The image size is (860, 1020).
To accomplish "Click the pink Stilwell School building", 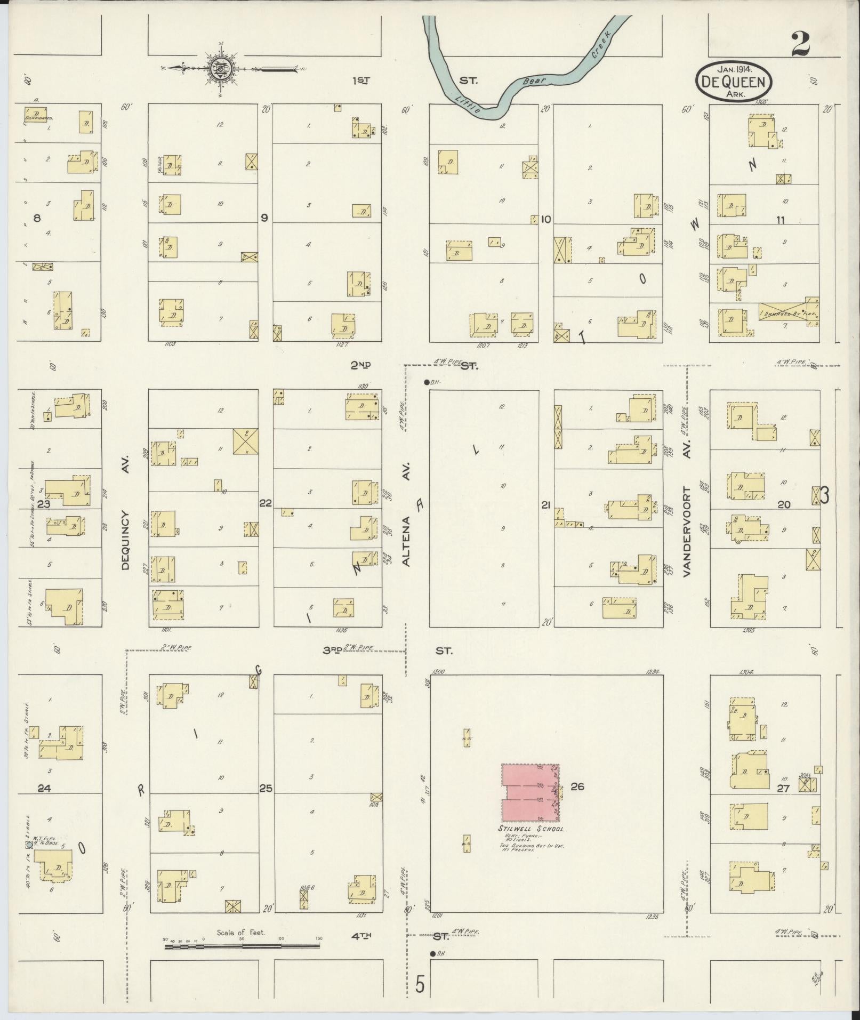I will (530, 792).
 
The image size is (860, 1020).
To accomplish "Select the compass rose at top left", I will (219, 68).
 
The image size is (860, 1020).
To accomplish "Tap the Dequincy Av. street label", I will (126, 540).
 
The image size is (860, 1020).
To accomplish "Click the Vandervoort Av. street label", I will (687, 531).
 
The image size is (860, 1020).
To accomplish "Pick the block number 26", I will (577, 786).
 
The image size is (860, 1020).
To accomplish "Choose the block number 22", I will (265, 503).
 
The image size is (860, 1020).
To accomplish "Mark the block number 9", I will (264, 218).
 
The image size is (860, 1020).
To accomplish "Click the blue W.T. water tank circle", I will (29, 845).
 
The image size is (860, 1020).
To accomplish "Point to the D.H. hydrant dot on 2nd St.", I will (427, 382).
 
